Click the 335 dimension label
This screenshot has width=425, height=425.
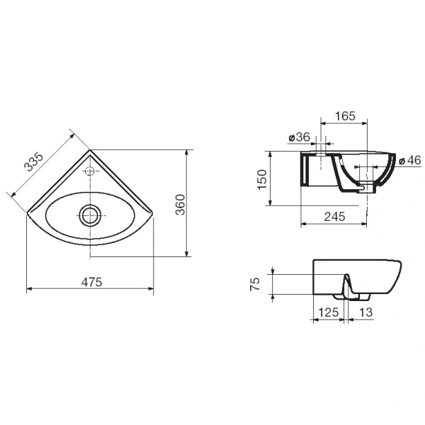click(x=33, y=161)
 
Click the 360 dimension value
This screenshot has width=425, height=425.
click(x=180, y=205)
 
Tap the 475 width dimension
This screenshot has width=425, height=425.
click(x=91, y=282)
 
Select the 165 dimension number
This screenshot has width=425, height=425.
click(x=345, y=116)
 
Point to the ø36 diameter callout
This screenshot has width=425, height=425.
click(x=299, y=137)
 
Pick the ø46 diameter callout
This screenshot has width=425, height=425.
click(x=410, y=160)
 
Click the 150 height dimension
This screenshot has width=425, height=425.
click(x=262, y=179)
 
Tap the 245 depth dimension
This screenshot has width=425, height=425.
click(x=335, y=217)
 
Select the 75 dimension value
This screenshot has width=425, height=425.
click(x=255, y=284)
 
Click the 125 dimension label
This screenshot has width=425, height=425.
click(x=328, y=312)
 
